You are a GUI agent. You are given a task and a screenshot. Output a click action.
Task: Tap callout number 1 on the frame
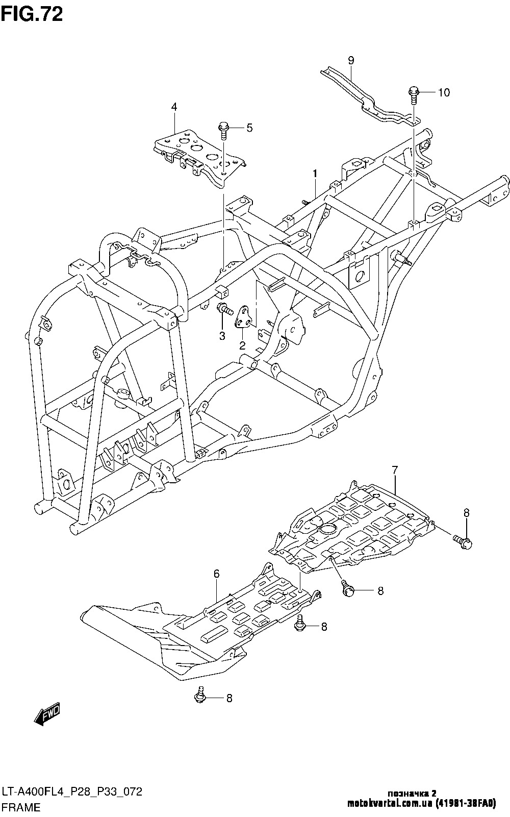coord(315,174)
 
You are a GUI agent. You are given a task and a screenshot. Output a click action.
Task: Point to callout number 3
coord(222,335)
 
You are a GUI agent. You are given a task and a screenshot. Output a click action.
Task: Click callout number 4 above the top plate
coord(174,107)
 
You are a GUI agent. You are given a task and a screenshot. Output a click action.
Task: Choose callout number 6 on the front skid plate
coord(216,574)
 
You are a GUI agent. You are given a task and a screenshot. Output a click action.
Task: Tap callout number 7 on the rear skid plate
coord(395,470)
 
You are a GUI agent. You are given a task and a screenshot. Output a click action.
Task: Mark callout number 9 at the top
coord(351,60)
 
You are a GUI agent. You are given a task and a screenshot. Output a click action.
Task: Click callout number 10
coord(444,92)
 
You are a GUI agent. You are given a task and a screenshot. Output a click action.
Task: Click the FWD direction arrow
coord(47,714)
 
